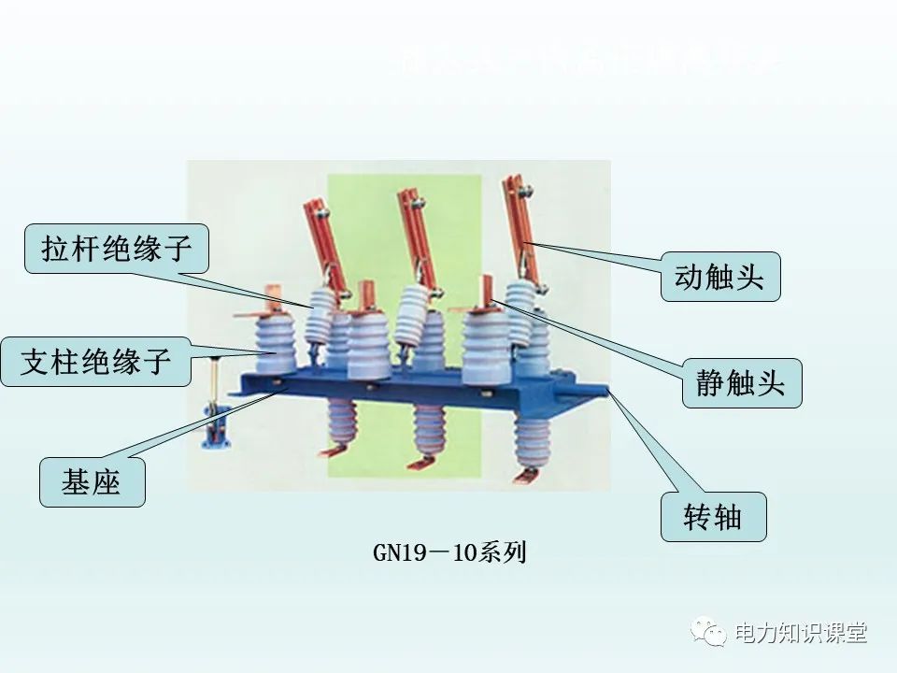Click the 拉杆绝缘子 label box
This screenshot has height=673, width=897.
[116, 248]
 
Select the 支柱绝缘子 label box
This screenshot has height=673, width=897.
[97, 362]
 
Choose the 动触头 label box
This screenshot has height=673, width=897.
[719, 277]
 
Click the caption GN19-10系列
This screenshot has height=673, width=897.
[449, 552]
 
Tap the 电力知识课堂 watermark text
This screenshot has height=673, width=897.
[801, 633]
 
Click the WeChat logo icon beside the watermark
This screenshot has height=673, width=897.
[709, 633]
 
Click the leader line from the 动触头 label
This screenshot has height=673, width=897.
[598, 256]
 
